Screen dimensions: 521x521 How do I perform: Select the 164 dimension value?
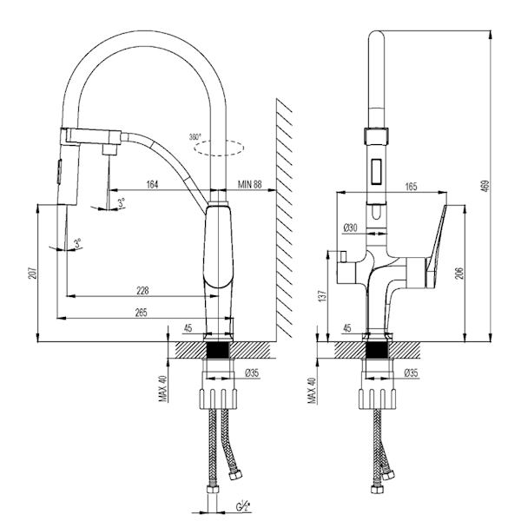click(x=153, y=183)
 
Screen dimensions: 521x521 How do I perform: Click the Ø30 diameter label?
click(x=351, y=228)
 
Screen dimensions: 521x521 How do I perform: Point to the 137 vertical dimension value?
click(x=323, y=297)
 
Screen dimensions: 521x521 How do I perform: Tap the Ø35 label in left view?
click(x=253, y=373)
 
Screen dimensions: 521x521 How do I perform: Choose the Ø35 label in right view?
click(x=411, y=373)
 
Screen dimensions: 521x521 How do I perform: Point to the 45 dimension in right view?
click(x=348, y=329)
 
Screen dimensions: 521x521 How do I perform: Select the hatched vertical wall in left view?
click(x=287, y=217)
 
